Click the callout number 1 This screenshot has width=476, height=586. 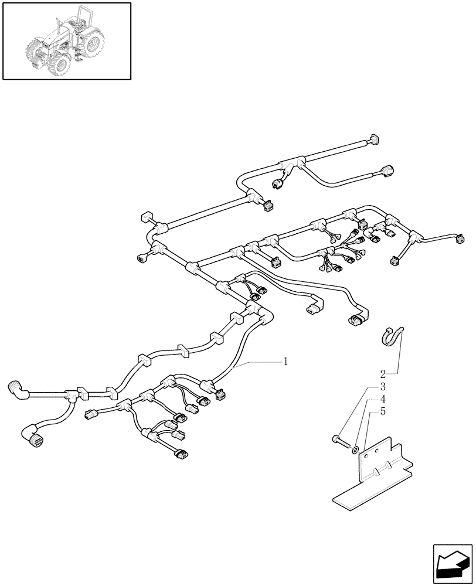click(x=285, y=362)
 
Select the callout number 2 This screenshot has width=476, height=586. click(x=382, y=373)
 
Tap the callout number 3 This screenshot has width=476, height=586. click(x=382, y=387)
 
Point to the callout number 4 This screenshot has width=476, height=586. click(x=382, y=399)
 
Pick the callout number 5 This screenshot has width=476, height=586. click(x=382, y=412)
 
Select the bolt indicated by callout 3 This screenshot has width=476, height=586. click(x=339, y=441)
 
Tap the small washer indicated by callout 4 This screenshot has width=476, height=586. click(x=355, y=449)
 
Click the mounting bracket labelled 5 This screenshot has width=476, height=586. click(x=381, y=463)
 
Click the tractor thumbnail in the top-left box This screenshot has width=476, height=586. click(x=66, y=40)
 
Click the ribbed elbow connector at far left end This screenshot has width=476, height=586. click(x=18, y=389)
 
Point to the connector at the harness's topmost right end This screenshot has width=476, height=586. click(x=373, y=139)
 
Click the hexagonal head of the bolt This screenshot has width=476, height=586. click(x=335, y=439)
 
